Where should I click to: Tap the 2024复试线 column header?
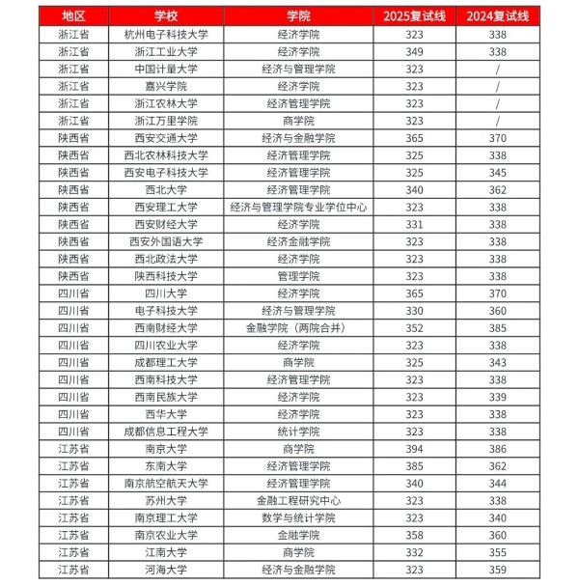tap(497, 16)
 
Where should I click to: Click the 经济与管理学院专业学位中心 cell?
tap(298, 207)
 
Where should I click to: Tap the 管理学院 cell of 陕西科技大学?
tap(298, 276)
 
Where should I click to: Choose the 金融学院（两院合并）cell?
tap(298, 327)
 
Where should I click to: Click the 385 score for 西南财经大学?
tap(497, 327)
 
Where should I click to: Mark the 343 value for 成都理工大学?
tap(497, 362)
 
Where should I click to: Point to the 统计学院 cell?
tap(298, 432)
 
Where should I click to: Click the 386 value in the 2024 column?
tap(497, 449)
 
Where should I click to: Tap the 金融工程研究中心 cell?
tap(298, 501)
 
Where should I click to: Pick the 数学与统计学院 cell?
tap(298, 517)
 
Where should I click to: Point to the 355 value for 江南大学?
tap(497, 552)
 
